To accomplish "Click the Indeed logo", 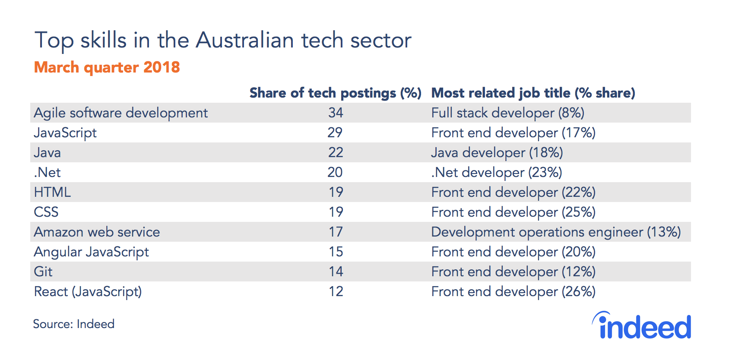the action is coord(641,325).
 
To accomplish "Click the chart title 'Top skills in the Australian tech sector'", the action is coord(223,41).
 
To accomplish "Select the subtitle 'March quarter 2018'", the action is coord(107,68).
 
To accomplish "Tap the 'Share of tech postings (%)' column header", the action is coord(336,93).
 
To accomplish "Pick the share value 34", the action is coord(336,113).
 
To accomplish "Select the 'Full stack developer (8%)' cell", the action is coord(508,113).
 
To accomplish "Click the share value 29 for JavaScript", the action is coord(335,133).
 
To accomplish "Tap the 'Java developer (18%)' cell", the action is coord(497,153).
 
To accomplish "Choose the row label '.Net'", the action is coord(47,172).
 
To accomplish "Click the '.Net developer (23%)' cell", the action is coord(497,173).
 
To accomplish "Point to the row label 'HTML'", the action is coord(52,192).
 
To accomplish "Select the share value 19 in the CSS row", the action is coord(336,212).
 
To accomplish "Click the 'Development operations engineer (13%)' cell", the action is coord(556,232).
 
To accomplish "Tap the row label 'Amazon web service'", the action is coord(97,232).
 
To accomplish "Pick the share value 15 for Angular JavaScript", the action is coord(336,252).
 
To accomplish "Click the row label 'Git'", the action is coord(43,272).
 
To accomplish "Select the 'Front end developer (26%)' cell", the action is coord(513,292).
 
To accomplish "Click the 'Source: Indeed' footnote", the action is coord(74,324).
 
